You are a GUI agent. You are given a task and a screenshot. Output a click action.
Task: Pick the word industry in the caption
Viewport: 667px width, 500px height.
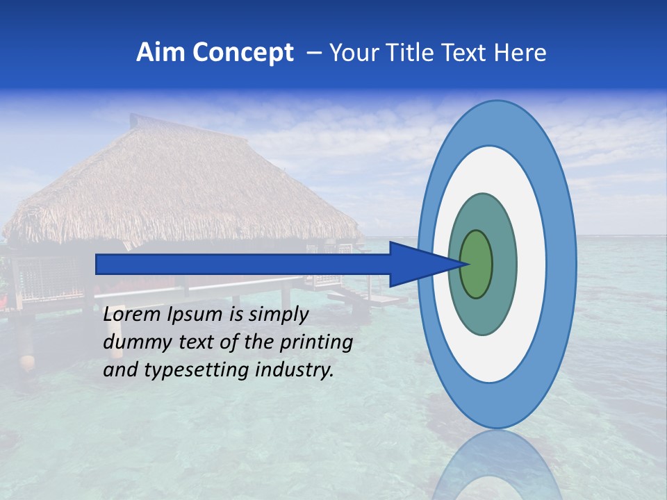(295, 370)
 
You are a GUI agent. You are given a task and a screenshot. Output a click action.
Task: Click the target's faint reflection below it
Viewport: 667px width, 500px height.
(497, 465)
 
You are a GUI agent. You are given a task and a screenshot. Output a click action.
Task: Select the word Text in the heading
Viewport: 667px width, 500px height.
(465, 53)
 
